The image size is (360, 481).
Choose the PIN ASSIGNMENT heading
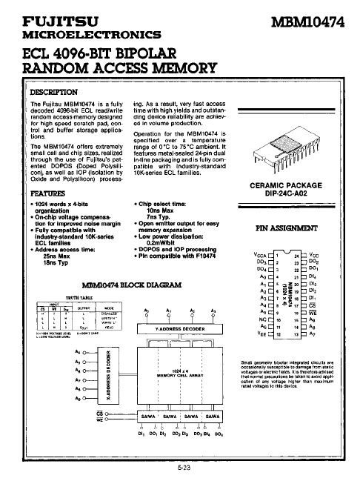tap(296, 229)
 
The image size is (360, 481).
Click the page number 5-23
tap(180, 468)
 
